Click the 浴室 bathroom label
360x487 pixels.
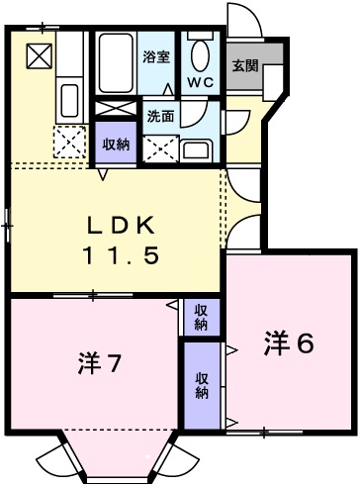[x=157, y=58]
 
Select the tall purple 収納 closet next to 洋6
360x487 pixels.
[x=202, y=385]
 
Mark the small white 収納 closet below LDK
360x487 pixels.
[x=201, y=317]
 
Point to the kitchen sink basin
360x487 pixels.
[x=69, y=100]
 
